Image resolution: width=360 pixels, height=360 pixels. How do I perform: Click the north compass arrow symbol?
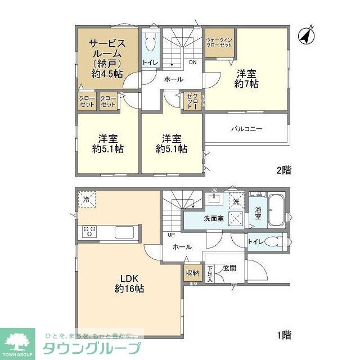pos(305,35)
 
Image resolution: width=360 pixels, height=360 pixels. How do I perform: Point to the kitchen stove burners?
pos(90,230)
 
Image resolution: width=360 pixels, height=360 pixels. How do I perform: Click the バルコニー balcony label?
pos(246,128)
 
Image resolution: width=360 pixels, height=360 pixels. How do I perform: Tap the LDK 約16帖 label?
pos(129,283)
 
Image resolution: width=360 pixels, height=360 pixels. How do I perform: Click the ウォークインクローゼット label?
pos(219,42)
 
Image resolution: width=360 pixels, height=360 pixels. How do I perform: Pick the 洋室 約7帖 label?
pos(246,78)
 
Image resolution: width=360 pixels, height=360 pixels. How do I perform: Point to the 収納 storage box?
pos(192,273)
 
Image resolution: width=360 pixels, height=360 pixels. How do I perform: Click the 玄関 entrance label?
pos(228,269)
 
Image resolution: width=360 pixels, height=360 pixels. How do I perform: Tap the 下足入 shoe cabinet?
pos(210,273)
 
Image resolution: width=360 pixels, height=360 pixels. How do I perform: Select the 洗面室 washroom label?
pos(214,218)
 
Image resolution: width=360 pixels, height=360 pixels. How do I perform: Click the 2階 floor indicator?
pos(283,169)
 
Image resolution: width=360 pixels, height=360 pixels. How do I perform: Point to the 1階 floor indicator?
pos(283,335)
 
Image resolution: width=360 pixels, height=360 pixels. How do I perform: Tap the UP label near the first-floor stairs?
pos(169,235)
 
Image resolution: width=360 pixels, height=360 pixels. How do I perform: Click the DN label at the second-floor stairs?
pos(192,62)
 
